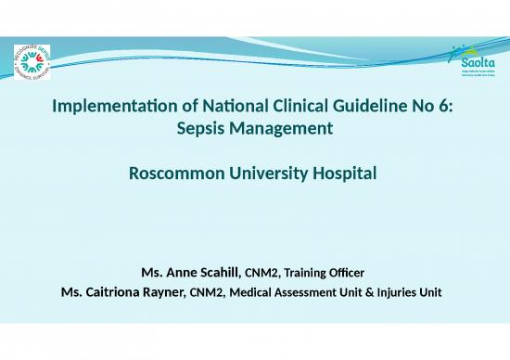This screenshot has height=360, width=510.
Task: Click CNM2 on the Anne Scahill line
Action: [x=260, y=273]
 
